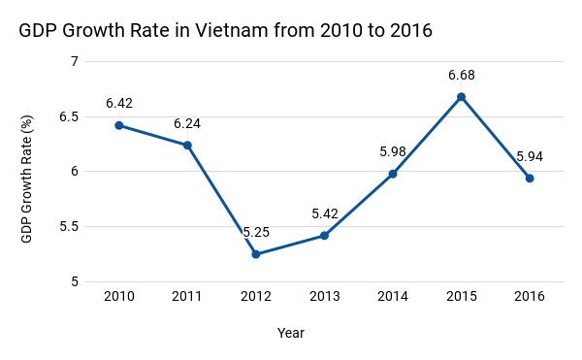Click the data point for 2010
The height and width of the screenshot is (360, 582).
[119, 125]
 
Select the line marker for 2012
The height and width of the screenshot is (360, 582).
[256, 254]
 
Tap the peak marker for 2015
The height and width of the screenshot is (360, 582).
[461, 96]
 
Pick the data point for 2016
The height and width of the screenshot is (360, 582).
[530, 178]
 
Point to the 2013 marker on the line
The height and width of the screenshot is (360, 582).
[324, 236]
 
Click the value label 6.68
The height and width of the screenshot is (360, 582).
[461, 75]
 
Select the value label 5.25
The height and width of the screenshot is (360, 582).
[256, 233]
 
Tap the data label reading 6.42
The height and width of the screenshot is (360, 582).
[119, 103]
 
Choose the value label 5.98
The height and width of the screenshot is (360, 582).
[393, 151]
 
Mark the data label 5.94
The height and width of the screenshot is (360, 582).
[530, 156]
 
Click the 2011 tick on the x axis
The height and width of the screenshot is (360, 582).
[187, 295]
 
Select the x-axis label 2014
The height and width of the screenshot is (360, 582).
[393, 295]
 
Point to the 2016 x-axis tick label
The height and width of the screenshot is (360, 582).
[530, 295]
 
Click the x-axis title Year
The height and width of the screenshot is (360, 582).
[290, 333]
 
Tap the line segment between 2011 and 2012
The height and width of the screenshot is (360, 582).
[222, 200]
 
